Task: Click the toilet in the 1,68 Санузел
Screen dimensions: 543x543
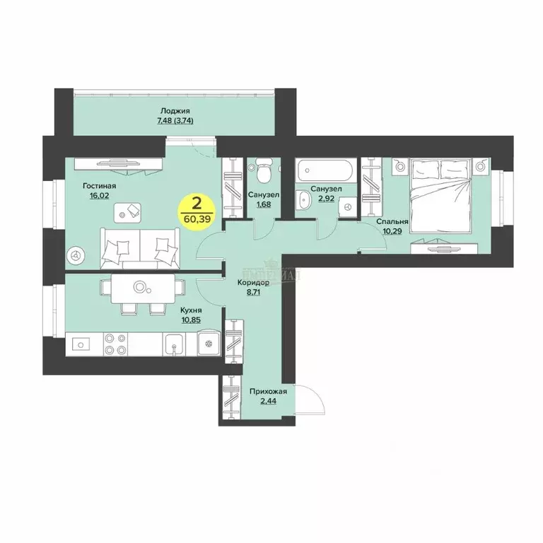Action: click(262, 171)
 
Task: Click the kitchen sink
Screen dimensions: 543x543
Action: click(173, 344)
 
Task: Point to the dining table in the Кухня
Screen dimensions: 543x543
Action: click(139, 287)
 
